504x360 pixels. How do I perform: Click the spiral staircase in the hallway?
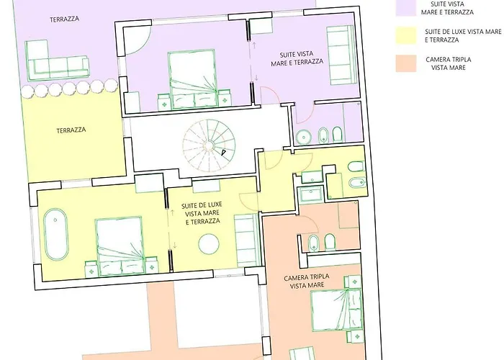[x=209, y=146]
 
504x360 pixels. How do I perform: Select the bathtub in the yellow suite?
[x=56, y=234]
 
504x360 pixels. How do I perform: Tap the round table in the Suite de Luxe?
[x=209, y=244]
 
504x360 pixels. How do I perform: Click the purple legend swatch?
[x=406, y=8]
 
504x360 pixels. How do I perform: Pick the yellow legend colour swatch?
[x=406, y=35]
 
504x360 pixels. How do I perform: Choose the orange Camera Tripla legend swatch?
[x=406, y=63]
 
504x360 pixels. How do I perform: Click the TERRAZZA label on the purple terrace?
[x=65, y=19]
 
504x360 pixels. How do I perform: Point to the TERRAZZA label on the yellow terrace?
[x=71, y=130]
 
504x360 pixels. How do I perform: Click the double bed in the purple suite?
[x=192, y=78]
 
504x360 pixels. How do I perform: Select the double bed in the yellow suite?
[x=120, y=246]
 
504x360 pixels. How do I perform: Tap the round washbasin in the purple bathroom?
[x=303, y=136]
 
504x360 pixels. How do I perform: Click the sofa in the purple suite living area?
[x=341, y=55]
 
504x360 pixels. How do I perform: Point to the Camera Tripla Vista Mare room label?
[x=307, y=281]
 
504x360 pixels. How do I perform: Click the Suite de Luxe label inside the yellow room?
[x=202, y=213]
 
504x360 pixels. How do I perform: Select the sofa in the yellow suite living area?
[x=247, y=240]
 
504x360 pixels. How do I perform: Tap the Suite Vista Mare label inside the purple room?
[x=297, y=58]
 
